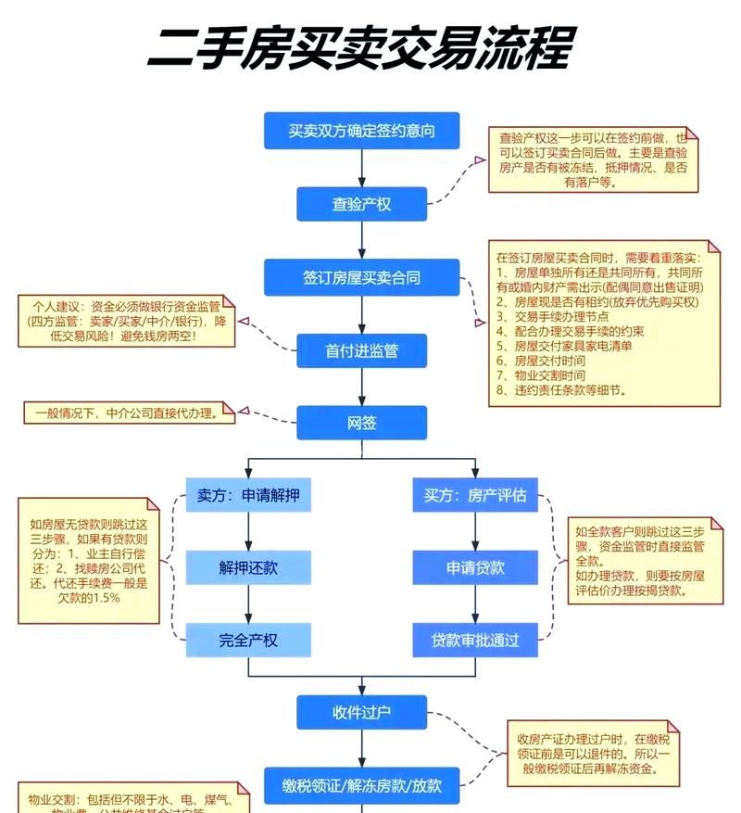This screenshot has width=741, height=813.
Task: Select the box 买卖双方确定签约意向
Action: point(361,131)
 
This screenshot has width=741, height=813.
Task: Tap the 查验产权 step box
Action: point(361,204)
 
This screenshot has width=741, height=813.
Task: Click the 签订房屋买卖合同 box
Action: point(361,277)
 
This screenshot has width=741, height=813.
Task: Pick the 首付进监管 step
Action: point(361,350)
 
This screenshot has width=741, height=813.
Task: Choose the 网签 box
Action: point(361,423)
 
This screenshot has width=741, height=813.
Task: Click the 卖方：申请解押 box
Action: point(248,496)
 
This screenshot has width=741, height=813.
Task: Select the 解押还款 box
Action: point(248,567)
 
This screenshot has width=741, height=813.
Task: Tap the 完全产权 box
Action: point(248,640)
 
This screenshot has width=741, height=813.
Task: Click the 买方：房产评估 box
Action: point(475,496)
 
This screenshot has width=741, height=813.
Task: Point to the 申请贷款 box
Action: point(475,567)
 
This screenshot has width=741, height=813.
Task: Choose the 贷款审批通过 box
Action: point(475,640)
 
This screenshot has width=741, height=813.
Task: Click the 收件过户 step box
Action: point(361,712)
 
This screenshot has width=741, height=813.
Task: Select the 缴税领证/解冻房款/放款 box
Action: point(361,786)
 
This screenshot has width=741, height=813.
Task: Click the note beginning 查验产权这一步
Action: point(593,159)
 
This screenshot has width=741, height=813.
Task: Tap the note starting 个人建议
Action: point(126,321)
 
